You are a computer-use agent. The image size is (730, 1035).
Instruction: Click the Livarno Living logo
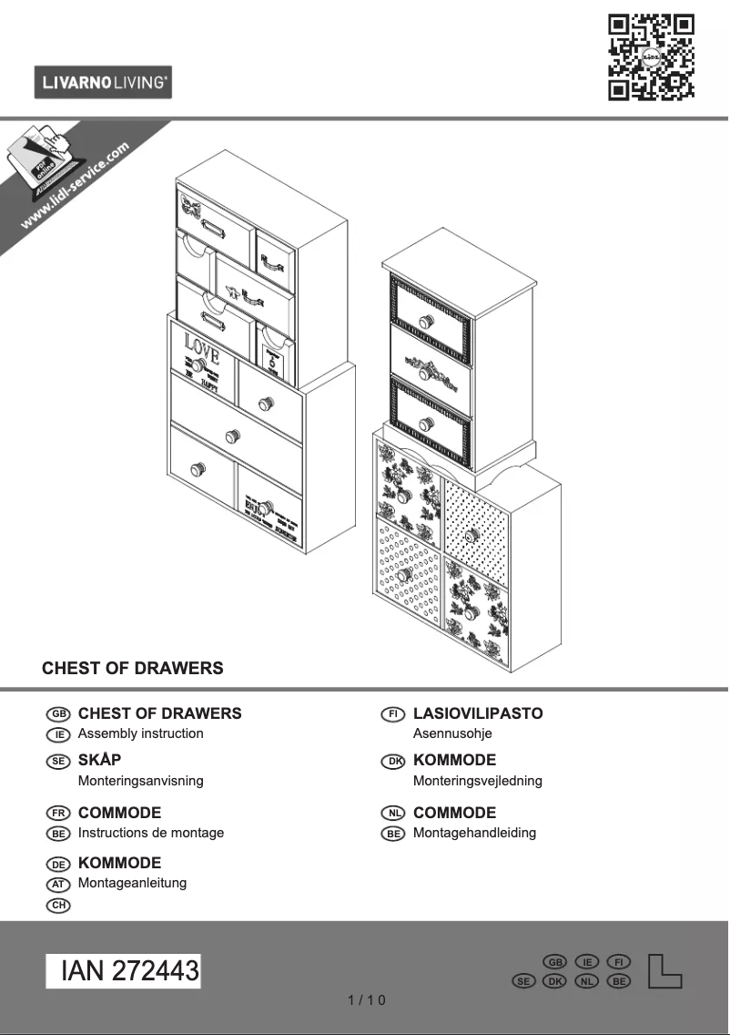[103, 83]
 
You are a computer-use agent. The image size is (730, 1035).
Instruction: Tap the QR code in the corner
[651, 56]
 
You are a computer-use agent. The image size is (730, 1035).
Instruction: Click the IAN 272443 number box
[124, 971]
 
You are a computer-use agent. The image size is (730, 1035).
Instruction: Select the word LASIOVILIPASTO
[478, 713]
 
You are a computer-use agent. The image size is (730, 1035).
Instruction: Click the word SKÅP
[100, 760]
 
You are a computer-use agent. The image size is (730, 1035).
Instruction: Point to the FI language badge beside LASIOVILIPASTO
[392, 714]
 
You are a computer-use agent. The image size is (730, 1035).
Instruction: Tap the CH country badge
[57, 905]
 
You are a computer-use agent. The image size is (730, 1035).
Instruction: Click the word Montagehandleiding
[474, 833]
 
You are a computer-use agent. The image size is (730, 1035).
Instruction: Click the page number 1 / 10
[367, 1000]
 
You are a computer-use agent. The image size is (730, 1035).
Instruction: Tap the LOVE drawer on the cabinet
[202, 354]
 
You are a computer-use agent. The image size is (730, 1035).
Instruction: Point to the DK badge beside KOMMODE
[392, 761]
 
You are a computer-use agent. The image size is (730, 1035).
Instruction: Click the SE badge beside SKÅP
[57, 761]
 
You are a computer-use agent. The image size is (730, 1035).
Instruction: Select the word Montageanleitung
[132, 883]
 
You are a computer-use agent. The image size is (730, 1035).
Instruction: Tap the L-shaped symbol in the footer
[664, 971]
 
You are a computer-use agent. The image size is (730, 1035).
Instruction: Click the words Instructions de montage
[151, 833]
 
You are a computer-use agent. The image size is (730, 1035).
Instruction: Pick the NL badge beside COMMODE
[392, 813]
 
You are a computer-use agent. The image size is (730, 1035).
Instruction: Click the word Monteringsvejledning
[477, 781]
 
